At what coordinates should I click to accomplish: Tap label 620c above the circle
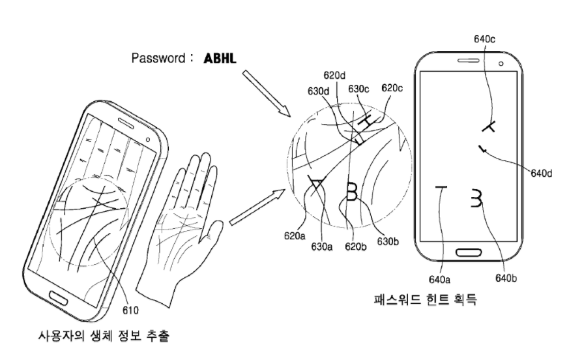point(392,87)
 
